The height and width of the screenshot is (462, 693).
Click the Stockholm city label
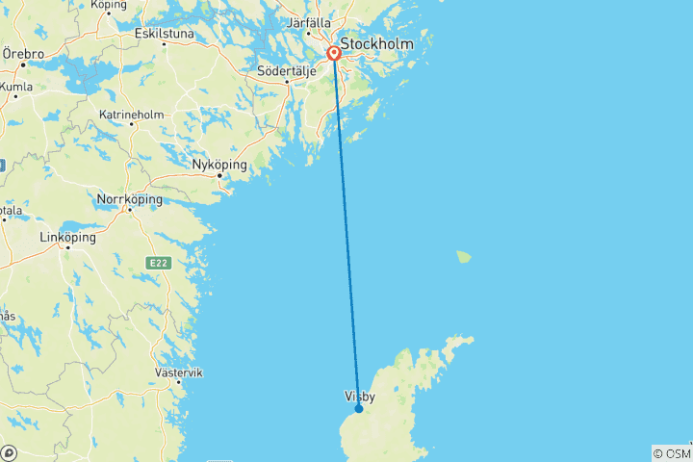tap(377, 44)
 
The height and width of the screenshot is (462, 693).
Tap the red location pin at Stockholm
tap(334, 53)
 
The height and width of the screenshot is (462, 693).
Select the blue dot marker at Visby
tap(359, 408)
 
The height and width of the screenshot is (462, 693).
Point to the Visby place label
tap(360, 396)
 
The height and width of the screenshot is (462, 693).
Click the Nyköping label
tap(219, 165)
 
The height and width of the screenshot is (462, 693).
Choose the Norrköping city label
tap(130, 200)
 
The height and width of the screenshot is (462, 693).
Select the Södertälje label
tap(287, 70)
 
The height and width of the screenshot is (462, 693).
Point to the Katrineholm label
tap(131, 115)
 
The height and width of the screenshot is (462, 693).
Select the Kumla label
tap(17, 87)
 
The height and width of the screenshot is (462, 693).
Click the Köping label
tap(108, 5)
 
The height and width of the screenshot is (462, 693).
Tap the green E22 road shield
tap(157, 263)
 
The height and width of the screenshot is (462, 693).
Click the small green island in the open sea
tap(465, 257)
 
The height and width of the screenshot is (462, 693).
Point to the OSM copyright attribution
tap(672, 452)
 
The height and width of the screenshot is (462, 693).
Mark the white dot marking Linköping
tap(68, 247)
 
